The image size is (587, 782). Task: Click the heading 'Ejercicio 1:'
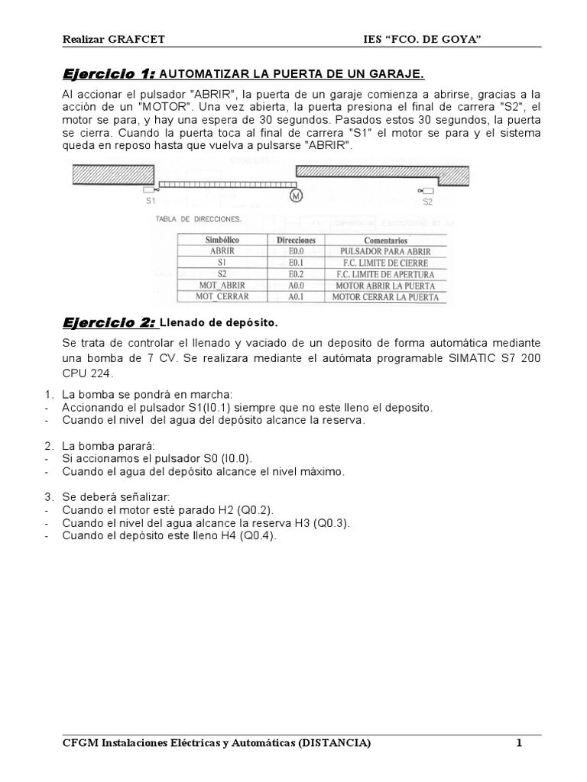point(108,73)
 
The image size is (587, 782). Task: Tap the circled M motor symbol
point(296,195)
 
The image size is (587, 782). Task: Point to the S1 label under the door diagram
point(151,202)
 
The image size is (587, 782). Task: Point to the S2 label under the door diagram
point(427,202)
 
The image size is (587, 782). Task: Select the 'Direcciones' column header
point(296,239)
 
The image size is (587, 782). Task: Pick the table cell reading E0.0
point(296,250)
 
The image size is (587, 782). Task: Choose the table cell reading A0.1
point(296,296)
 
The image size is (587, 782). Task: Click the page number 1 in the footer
point(518,743)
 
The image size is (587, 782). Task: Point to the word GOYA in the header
point(459,39)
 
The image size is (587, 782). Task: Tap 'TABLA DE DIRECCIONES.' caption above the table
point(198,219)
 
